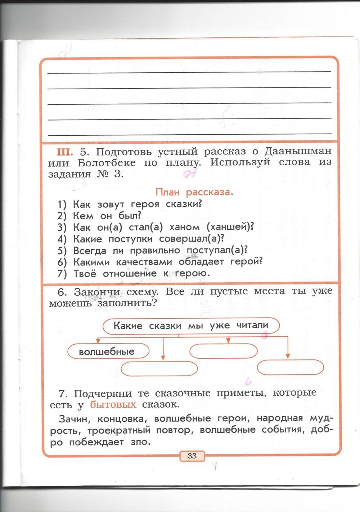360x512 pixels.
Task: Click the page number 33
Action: point(192,456)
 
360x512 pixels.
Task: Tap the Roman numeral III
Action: point(65,152)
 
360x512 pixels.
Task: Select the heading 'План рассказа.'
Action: point(194,192)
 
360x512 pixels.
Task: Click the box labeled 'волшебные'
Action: point(108,351)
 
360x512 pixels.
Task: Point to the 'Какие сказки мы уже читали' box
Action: point(191,326)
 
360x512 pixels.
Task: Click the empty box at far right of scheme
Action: point(291,367)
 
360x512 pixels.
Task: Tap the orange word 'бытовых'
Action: point(113,405)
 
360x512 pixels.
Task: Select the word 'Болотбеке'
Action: point(107,163)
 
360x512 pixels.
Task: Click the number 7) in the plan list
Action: point(62,274)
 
